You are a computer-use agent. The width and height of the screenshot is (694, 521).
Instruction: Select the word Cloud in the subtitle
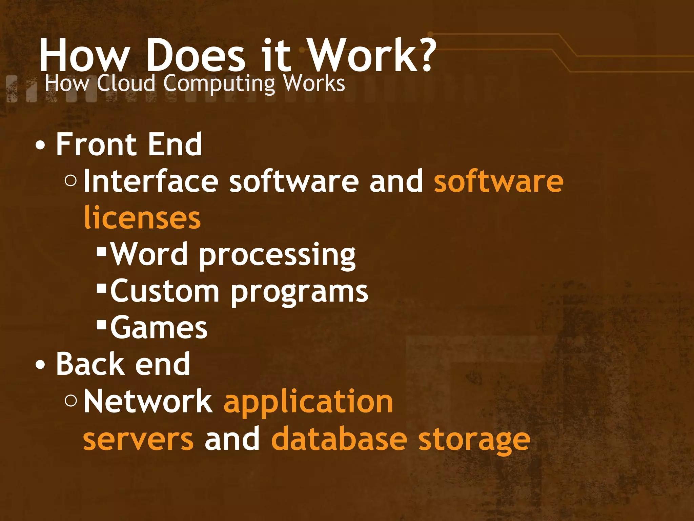click(x=126, y=83)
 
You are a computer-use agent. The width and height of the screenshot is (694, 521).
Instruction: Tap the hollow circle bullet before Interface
click(x=70, y=181)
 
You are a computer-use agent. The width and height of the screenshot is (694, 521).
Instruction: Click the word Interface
click(x=151, y=181)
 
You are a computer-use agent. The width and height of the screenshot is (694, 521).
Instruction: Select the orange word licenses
click(x=142, y=218)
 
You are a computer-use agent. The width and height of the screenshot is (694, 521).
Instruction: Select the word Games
click(x=159, y=327)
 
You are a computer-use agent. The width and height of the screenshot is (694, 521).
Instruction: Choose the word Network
click(x=148, y=401)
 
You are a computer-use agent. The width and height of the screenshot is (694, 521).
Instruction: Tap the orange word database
click(x=339, y=439)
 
